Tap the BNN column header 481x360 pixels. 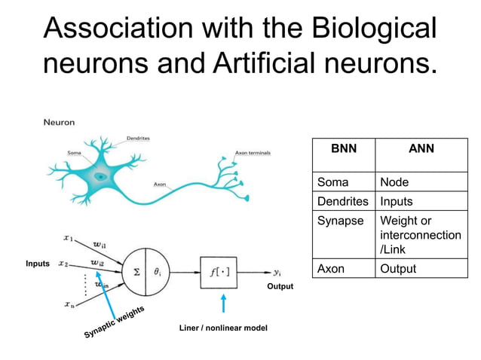(343, 148)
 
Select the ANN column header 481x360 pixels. (421, 148)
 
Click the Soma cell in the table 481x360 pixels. (332, 182)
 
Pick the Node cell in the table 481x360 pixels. (394, 182)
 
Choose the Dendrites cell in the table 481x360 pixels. (343, 202)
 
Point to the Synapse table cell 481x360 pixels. (340, 221)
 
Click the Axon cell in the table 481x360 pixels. (331, 269)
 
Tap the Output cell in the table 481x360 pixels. (398, 269)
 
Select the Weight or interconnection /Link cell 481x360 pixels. (420, 235)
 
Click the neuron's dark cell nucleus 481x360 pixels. (100, 176)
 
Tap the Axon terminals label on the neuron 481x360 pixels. (253, 153)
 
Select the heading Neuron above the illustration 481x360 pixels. (59, 122)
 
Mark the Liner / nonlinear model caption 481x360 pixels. (222, 328)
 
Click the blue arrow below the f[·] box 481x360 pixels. (222, 304)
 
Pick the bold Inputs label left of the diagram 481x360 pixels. (37, 264)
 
